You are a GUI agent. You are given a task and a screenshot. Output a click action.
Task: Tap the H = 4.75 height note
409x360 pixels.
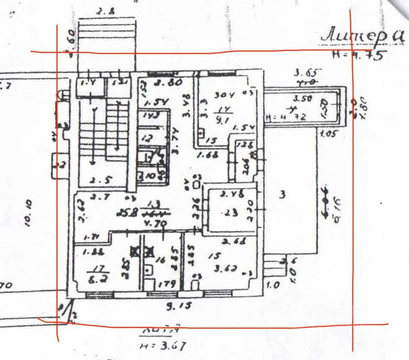click(359, 55)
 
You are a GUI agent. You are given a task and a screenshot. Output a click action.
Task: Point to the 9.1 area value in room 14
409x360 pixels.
click(222, 120)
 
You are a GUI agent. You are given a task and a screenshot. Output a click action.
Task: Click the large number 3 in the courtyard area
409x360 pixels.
click(282, 195)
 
